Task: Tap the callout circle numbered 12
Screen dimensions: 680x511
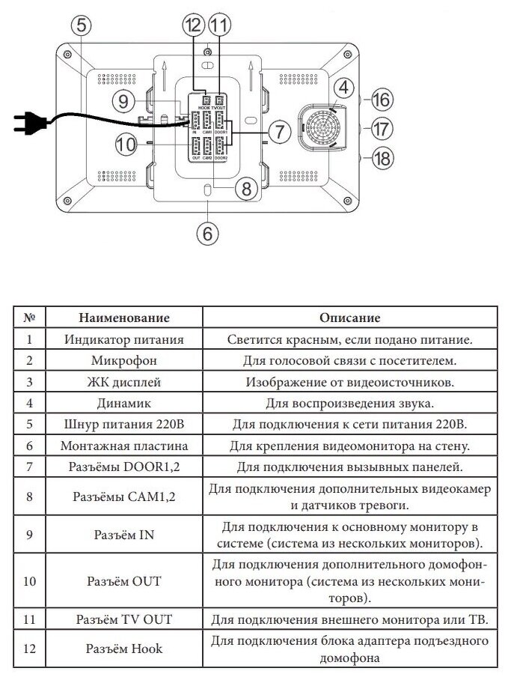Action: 193,24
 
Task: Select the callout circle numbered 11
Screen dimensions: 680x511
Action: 218,24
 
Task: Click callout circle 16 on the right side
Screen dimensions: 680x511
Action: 382,100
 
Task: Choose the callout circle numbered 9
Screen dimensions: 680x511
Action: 125,100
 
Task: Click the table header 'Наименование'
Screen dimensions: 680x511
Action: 124,318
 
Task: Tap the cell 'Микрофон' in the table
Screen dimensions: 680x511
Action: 124,361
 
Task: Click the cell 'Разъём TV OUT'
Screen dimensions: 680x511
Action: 124,620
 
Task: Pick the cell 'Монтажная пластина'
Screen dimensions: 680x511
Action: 124,446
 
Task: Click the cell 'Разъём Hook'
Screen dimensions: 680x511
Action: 124,649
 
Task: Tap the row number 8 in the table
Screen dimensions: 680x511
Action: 29,497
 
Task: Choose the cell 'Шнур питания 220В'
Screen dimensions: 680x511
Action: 124,425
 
